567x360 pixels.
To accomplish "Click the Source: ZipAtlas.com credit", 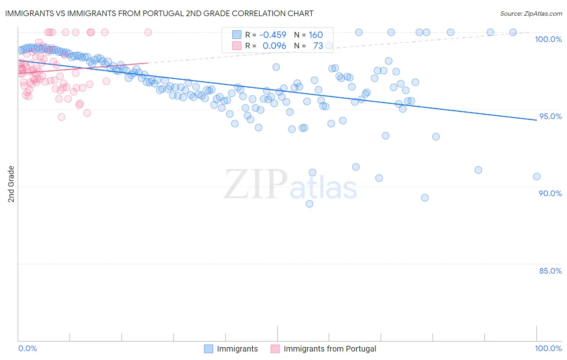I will pyautogui.click(x=531, y=13).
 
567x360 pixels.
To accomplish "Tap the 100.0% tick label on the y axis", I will pyautogui.click(x=548, y=39).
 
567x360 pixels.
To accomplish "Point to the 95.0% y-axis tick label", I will pyautogui.click(x=550, y=116).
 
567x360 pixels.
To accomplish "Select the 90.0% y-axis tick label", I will pyautogui.click(x=550, y=193).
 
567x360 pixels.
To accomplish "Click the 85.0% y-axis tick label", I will pyautogui.click(x=550, y=271).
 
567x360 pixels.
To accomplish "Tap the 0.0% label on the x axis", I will pyautogui.click(x=27, y=348).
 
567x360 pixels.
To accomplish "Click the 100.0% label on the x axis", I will pyautogui.click(x=548, y=348).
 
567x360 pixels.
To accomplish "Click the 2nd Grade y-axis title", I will pyautogui.click(x=11, y=184).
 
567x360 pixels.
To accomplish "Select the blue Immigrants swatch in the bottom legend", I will pyautogui.click(x=208, y=349).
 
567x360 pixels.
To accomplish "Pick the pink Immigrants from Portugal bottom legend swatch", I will pyautogui.click(x=275, y=349).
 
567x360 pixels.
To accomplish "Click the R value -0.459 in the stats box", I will pyautogui.click(x=273, y=35).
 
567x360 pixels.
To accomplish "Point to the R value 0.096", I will pyautogui.click(x=274, y=46).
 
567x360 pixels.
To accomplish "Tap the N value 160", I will pyautogui.click(x=316, y=35).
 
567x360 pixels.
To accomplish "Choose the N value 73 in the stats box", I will pyautogui.click(x=318, y=46).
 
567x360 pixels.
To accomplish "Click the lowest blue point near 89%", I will pyautogui.click(x=309, y=204).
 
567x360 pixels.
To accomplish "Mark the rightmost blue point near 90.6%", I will pyautogui.click(x=536, y=176).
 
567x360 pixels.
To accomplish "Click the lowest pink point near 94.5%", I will pyautogui.click(x=61, y=117).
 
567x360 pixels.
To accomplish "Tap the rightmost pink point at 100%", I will pyautogui.click(x=148, y=32).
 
